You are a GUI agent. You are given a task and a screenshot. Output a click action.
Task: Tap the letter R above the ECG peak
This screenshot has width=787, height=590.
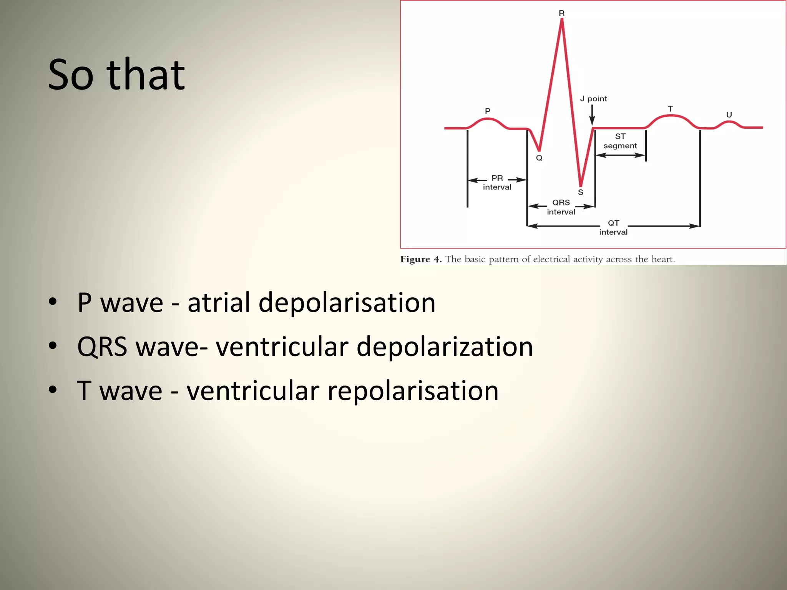coord(561,13)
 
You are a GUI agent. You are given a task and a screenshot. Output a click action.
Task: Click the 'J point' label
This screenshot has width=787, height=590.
coord(593,99)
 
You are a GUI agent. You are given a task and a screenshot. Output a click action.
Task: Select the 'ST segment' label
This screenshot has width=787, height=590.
coord(620,141)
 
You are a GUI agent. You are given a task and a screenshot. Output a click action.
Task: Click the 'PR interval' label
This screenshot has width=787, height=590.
coord(497,182)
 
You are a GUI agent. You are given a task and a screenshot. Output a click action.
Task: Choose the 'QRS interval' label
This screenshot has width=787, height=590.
coord(561,207)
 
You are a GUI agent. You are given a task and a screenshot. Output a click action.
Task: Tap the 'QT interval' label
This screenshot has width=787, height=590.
coord(613,227)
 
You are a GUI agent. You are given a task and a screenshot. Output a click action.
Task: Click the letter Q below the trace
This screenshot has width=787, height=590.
coord(539,158)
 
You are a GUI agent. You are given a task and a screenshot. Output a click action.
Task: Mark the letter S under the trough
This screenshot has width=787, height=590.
coord(581,192)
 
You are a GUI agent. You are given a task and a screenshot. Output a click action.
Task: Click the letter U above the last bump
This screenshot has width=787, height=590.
coord(729,114)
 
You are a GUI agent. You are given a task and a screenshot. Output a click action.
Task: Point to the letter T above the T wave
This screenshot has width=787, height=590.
coord(670,109)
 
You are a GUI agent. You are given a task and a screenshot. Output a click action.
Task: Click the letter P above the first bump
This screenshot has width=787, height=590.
coord(488,111)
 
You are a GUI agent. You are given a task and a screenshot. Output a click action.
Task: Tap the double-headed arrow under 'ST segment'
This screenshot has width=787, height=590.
coord(620,155)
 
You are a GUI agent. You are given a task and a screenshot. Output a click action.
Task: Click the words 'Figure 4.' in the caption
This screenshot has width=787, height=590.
coord(421,259)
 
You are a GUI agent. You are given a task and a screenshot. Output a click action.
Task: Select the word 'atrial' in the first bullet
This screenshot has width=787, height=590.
coord(219,302)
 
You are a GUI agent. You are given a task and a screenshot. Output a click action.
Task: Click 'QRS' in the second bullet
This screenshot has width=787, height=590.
coord(102,346)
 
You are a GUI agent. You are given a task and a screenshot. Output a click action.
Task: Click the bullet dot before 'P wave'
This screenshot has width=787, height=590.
coord(53,302)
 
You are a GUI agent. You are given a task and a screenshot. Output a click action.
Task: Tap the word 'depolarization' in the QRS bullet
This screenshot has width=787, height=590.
coord(445,346)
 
